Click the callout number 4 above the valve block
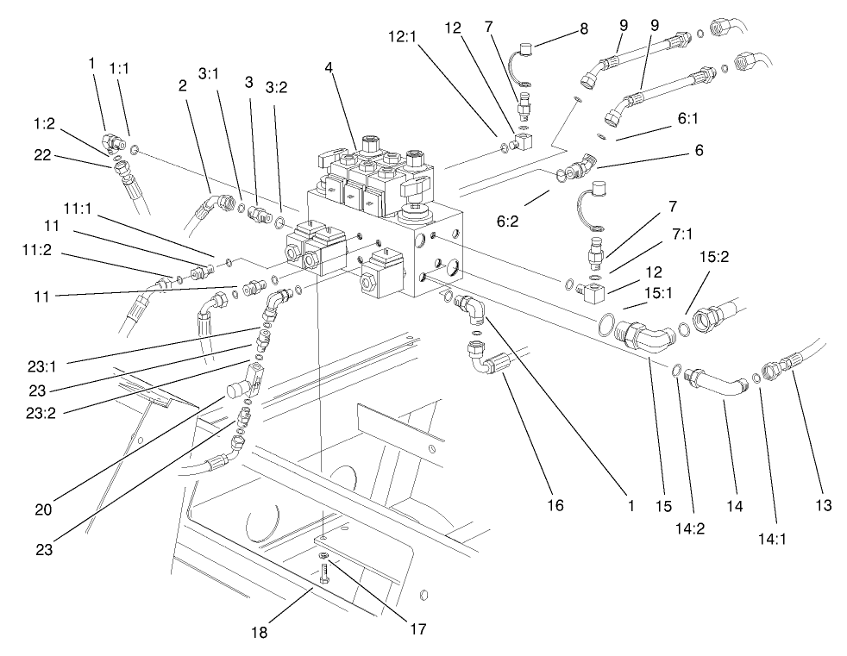330,66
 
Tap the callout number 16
555,505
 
